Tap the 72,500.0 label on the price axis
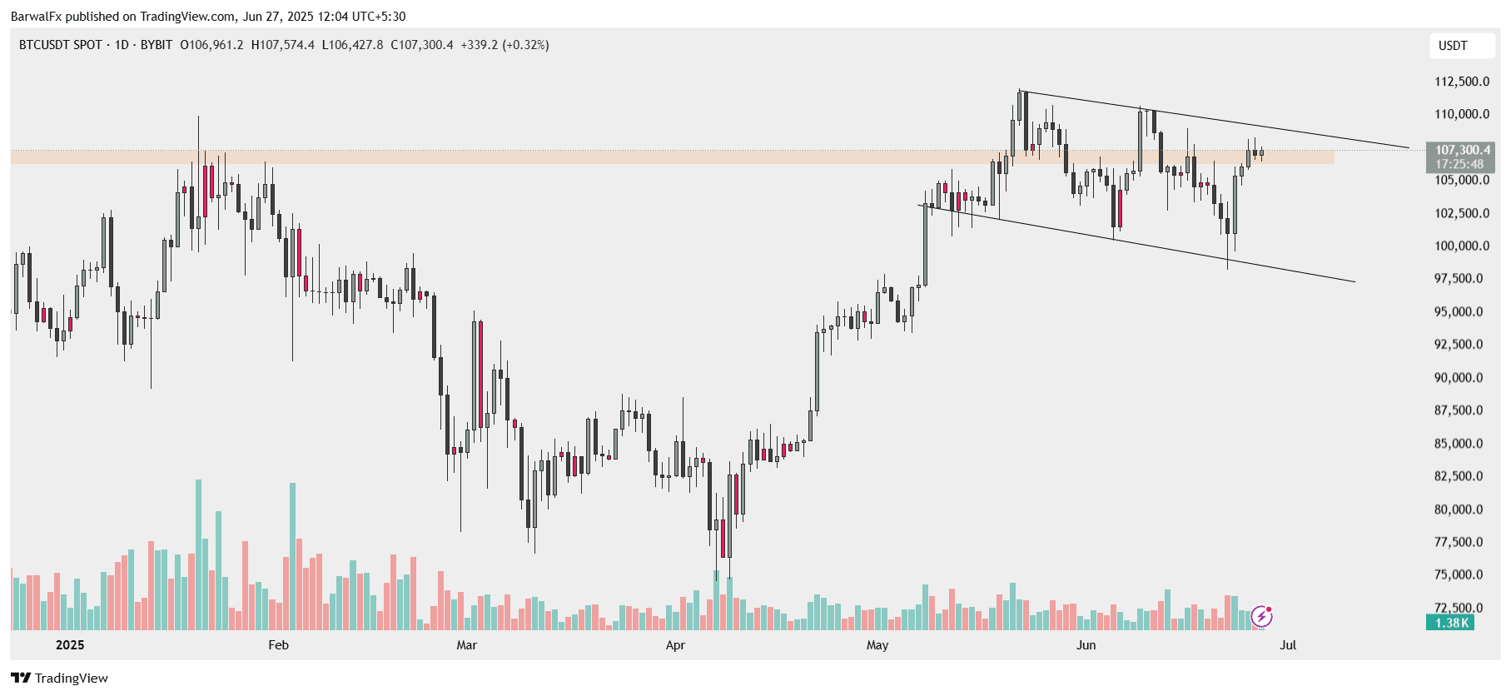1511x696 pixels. point(1458,608)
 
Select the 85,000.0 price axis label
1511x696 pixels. point(1458,444)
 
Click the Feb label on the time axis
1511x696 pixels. point(278,645)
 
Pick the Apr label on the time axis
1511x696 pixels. point(675,645)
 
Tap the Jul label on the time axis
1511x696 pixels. point(1288,645)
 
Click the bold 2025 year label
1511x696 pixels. point(70,645)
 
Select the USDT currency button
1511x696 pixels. point(1453,46)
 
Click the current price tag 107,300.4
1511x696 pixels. point(1462,151)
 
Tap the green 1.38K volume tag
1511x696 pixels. point(1451,623)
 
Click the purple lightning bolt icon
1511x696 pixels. point(1262,616)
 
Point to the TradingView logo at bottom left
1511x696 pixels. point(59,678)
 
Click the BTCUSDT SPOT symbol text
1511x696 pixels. point(61,45)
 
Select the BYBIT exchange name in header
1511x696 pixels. point(157,45)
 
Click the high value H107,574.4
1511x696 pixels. point(283,45)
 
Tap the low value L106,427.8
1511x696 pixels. point(352,45)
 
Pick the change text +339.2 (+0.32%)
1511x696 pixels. point(504,45)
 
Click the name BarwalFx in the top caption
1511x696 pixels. point(36,17)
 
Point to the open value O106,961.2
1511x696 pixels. point(211,45)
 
